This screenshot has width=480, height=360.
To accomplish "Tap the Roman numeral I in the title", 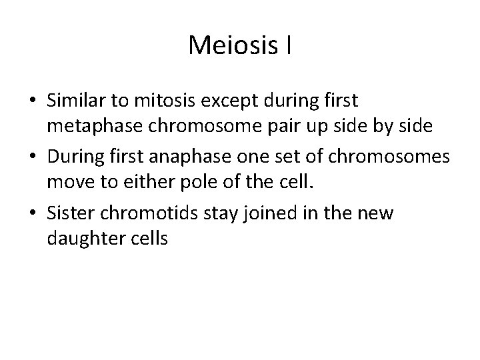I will pos(287,45).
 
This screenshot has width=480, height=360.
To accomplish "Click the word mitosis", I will pos(156,101).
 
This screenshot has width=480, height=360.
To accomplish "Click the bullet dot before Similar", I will pos(33,102).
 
